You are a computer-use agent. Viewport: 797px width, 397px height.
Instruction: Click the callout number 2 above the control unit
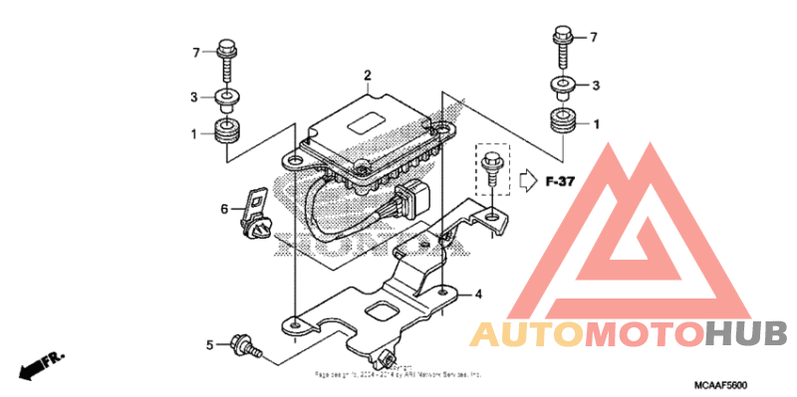[x=368, y=76]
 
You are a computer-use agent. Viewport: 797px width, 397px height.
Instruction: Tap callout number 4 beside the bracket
[x=478, y=295]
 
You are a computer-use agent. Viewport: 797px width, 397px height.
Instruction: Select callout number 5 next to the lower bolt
[x=210, y=345]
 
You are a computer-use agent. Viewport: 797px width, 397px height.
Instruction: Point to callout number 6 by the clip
[x=225, y=209]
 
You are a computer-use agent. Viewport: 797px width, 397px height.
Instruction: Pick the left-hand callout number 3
[x=196, y=97]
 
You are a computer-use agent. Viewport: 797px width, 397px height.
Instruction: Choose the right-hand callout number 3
[x=596, y=87]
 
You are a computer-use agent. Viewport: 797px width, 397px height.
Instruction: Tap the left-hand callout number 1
[x=196, y=132]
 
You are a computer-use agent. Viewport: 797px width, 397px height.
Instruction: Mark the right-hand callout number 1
[x=596, y=124]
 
